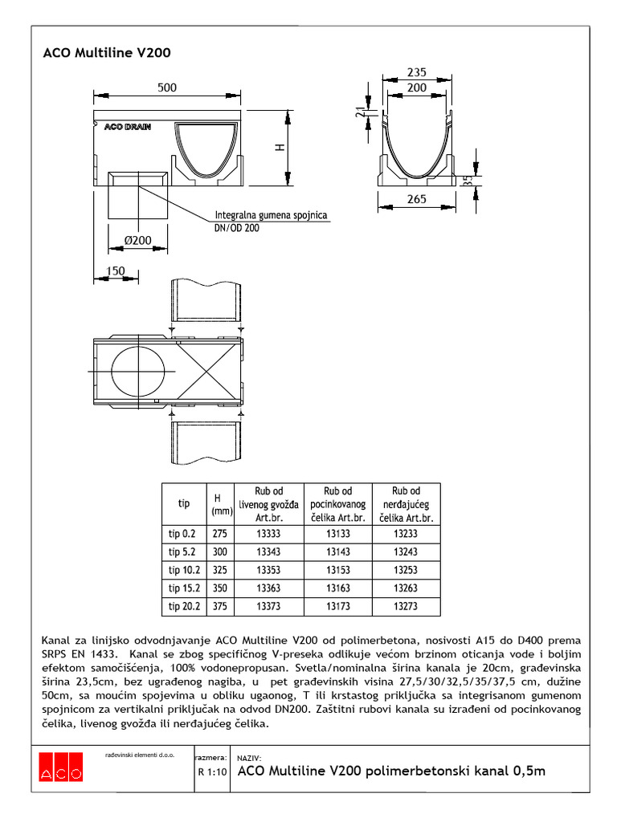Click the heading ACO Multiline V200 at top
click(106, 54)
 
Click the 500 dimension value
click(166, 88)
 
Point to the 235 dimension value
click(416, 71)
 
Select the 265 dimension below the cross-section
click(416, 199)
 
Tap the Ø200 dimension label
click(137, 240)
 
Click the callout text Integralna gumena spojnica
click(270, 215)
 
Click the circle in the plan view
click(142, 372)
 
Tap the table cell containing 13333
click(268, 533)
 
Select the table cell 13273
click(406, 607)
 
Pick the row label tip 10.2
click(184, 570)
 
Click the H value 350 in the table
click(219, 588)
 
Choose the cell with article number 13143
click(337, 551)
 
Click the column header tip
click(184, 503)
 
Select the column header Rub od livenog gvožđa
click(268, 504)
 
